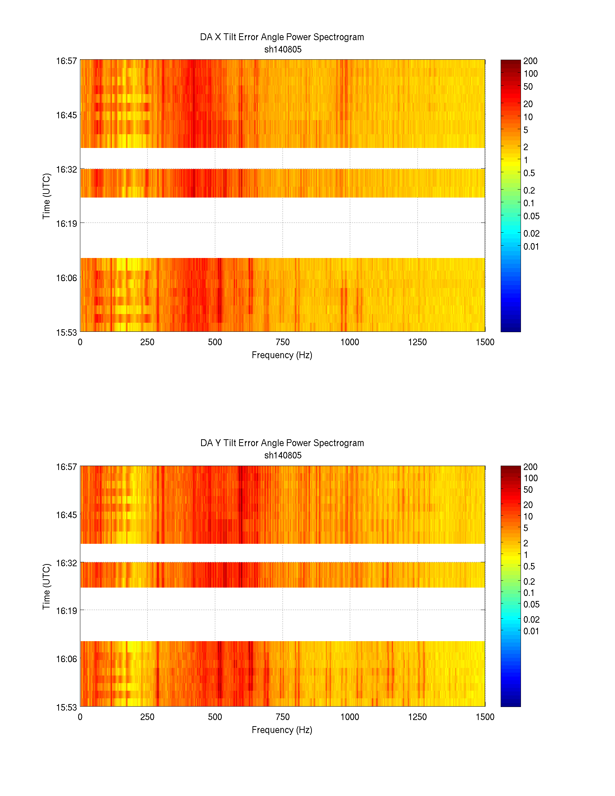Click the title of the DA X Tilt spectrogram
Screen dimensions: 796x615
282,37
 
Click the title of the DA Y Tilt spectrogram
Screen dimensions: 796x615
282,443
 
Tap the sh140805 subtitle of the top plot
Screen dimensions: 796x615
283,50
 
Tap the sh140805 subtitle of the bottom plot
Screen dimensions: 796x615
283,455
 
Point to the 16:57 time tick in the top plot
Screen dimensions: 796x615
66,61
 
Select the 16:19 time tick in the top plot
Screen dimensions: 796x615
66,224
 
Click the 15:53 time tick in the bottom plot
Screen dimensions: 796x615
66,707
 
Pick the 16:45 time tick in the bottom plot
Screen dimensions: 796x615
66,515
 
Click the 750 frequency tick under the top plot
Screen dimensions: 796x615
283,342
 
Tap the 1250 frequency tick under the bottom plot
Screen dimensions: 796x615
417,717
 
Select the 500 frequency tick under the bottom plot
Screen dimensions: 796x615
215,717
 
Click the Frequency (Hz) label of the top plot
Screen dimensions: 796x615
282,355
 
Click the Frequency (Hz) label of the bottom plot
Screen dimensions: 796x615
282,730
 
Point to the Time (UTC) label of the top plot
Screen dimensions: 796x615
46,196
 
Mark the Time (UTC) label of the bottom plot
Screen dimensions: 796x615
46,587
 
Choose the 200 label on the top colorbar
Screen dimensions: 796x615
530,61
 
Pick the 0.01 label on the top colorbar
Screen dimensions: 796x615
531,247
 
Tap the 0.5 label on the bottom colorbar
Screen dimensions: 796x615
529,566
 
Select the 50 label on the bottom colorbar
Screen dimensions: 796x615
528,490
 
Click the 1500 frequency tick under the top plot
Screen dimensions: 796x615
485,342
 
